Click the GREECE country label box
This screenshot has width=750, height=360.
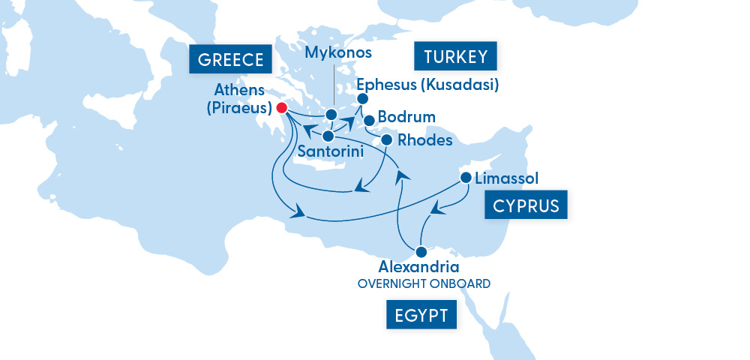click(x=230, y=59)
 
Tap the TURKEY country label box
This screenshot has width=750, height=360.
click(x=456, y=57)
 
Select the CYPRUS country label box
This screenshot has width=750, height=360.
click(x=526, y=205)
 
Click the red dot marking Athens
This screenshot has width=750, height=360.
click(x=282, y=108)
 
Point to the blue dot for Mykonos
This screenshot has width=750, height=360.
click(x=331, y=115)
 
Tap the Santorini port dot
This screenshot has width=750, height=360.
click(x=328, y=136)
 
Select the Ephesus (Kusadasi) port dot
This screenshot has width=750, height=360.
click(x=362, y=99)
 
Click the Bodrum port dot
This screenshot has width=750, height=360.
click(x=369, y=120)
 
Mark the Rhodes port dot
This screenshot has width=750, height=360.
click(x=387, y=140)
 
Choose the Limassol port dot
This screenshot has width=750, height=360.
click(x=466, y=178)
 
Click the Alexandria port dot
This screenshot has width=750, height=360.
click(x=421, y=251)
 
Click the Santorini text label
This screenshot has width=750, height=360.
click(x=331, y=151)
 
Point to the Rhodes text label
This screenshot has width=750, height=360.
click(x=425, y=140)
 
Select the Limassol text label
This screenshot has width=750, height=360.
click(x=507, y=178)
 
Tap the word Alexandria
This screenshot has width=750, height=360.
click(x=418, y=267)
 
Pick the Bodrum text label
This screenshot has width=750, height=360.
click(x=406, y=118)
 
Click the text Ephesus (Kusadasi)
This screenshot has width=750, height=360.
click(x=427, y=83)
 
